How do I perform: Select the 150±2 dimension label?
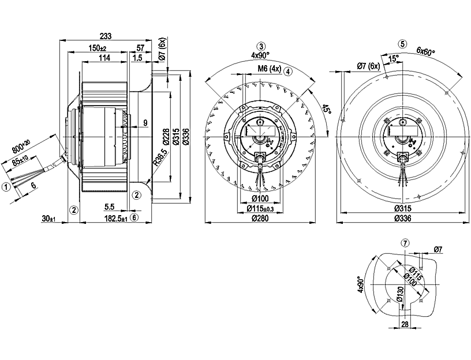pos(96,48)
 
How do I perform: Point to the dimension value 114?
pos(104,58)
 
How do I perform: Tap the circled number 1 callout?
pos(5,186)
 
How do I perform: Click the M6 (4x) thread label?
pos(268,70)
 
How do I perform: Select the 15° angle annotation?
pos(394,58)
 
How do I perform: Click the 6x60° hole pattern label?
pos(426,51)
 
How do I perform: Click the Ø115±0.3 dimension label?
pos(261,208)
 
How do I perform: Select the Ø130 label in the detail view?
pos(398,295)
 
